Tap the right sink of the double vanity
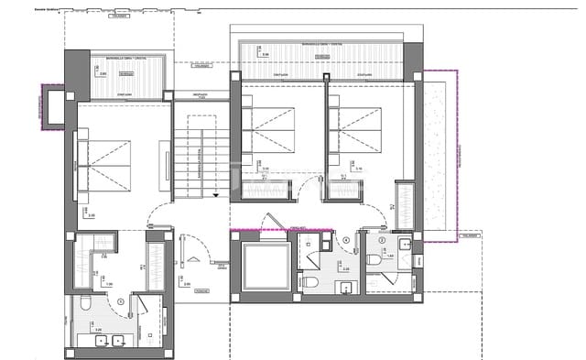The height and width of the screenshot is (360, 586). click(x=118, y=341)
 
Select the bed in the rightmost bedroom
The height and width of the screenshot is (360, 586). click(x=360, y=128)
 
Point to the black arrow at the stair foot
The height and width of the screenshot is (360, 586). click(x=214, y=194)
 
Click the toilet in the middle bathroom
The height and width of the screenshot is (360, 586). click(x=310, y=282)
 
